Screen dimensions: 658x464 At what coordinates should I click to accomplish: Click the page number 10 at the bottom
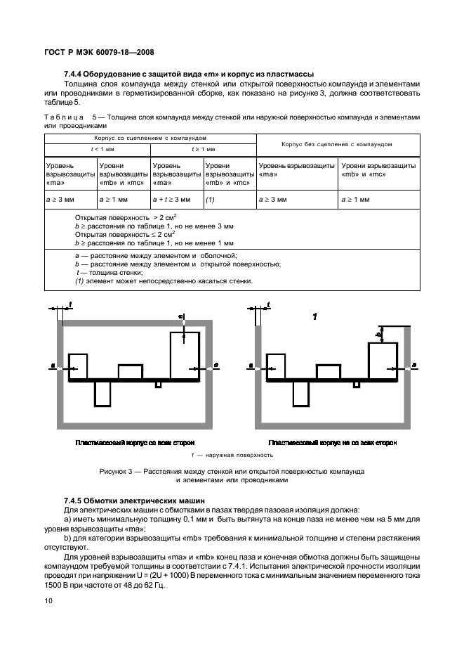tap(47, 600)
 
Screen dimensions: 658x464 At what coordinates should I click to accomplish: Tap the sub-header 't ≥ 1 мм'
tap(204, 150)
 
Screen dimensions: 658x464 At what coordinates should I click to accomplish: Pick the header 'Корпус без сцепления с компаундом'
tap(336, 144)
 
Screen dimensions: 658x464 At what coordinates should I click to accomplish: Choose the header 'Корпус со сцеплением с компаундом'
tap(150, 138)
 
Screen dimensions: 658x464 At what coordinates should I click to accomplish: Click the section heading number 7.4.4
tap(75, 74)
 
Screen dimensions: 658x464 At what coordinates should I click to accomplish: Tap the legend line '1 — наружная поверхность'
tap(231, 455)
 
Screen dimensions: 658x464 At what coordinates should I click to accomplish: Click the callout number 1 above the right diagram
tap(315, 318)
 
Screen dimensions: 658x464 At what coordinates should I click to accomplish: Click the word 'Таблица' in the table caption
tap(61, 117)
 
